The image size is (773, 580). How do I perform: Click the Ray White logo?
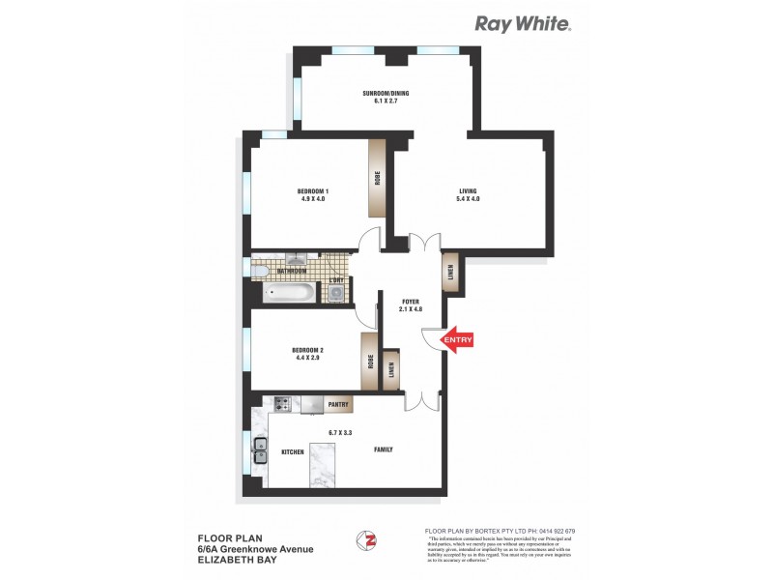click(522, 24)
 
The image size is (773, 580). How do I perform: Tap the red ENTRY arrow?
click(457, 339)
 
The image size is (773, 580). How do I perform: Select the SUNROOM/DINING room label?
click(386, 96)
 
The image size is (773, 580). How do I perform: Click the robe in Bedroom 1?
click(377, 178)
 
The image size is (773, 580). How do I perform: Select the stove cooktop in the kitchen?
click(285, 405)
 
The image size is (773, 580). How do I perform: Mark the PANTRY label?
click(337, 405)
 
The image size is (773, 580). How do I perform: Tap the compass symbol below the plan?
click(365, 539)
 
